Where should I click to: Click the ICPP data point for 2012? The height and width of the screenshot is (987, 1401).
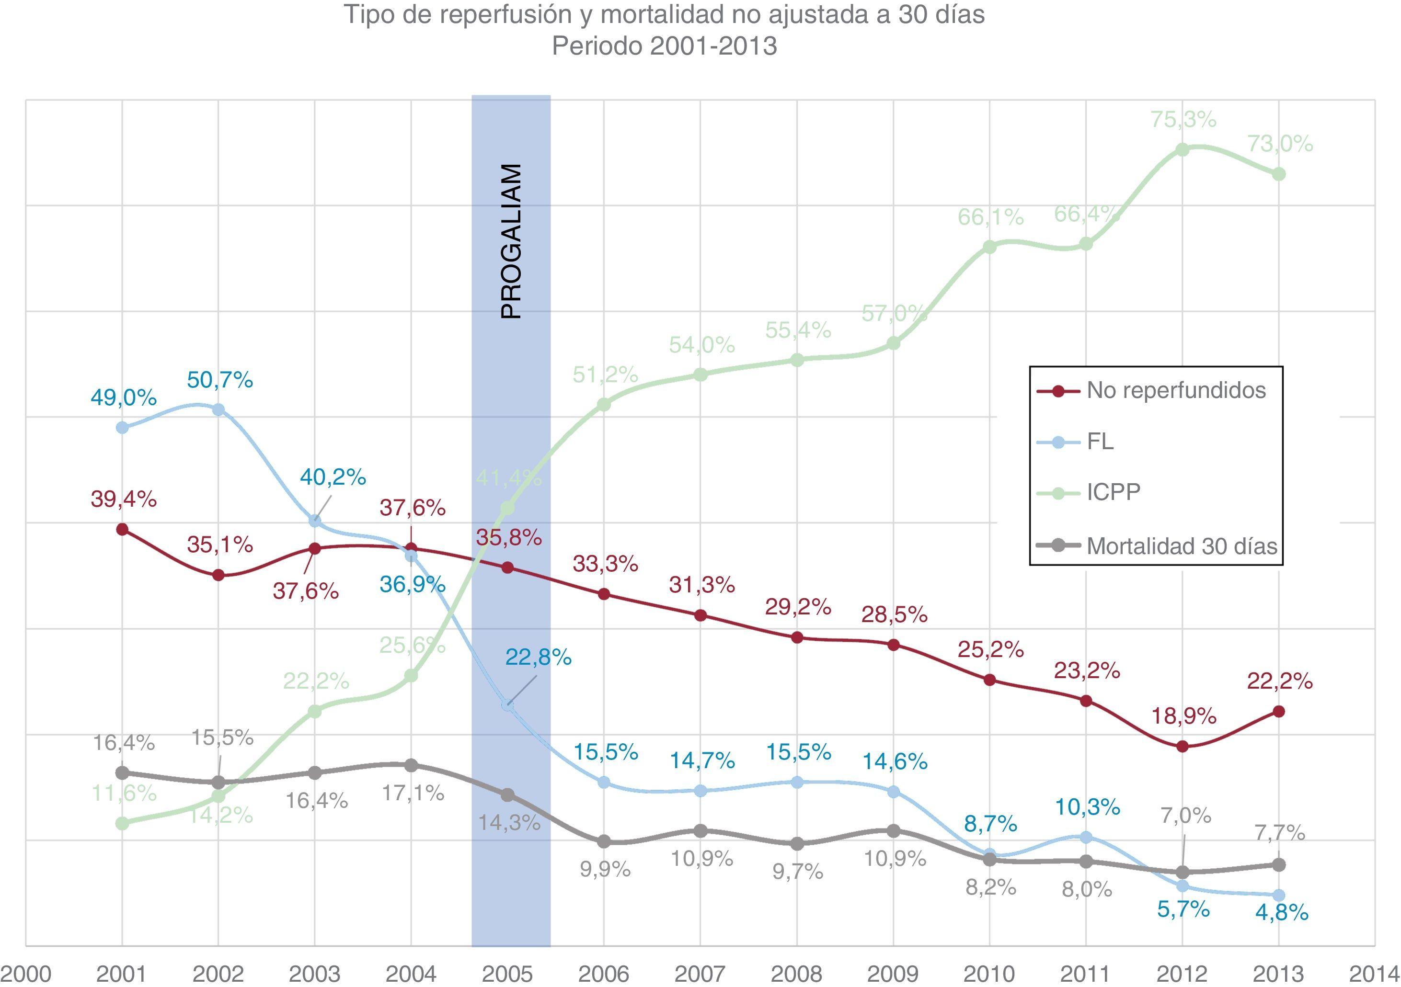click(1183, 149)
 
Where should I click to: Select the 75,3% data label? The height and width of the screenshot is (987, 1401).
click(1183, 120)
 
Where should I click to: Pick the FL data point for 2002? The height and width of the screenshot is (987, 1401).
click(218, 409)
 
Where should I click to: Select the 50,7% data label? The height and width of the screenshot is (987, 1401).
click(219, 380)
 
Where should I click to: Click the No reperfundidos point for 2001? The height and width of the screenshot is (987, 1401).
click(122, 529)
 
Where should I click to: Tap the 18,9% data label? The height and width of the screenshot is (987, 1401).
click(1183, 715)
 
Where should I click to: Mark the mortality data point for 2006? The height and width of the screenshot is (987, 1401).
click(604, 842)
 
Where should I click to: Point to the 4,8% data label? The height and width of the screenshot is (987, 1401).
click(1281, 929)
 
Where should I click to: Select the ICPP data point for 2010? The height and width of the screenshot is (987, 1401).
click(990, 247)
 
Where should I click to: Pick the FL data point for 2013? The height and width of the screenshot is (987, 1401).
click(1280, 895)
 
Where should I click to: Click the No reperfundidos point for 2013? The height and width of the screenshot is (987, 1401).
click(1280, 711)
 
